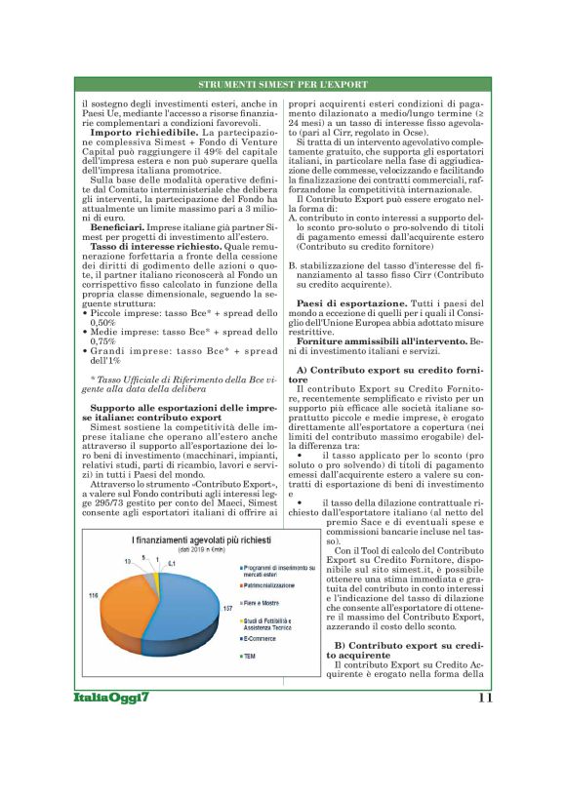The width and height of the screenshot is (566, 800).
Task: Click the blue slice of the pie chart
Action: (x=185, y=610)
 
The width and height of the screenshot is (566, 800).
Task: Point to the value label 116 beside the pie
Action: (x=93, y=594)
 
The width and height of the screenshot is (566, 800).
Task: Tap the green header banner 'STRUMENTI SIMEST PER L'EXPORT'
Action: (x=282, y=85)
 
